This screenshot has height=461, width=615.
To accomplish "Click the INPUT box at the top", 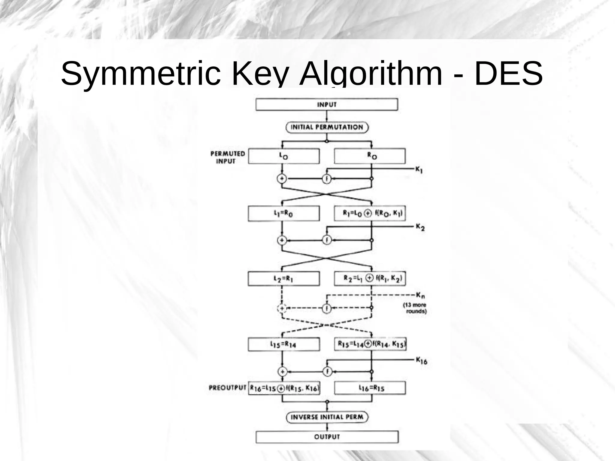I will click(327, 105).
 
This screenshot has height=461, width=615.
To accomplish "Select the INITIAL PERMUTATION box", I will click(327, 127).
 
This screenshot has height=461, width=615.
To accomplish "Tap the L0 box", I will click(284, 156).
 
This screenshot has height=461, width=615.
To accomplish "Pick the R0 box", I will click(370, 156).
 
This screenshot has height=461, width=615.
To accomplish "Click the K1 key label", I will click(419, 170).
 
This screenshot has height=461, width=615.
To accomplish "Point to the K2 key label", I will click(420, 227).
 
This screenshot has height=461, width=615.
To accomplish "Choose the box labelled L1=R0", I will click(284, 214).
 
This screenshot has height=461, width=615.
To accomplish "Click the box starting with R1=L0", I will click(370, 214).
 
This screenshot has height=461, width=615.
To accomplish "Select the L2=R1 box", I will click(284, 279).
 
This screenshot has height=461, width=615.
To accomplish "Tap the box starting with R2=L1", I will click(370, 278).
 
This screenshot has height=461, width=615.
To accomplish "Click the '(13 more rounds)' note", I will click(415, 308).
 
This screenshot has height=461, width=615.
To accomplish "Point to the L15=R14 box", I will click(284, 344).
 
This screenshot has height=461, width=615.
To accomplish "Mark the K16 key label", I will click(421, 360).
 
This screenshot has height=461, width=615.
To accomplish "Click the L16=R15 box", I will click(370, 388).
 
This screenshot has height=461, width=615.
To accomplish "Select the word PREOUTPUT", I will click(228, 388).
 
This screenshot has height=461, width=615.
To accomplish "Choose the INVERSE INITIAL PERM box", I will click(327, 417).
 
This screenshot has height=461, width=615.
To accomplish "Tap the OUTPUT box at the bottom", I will click(327, 437).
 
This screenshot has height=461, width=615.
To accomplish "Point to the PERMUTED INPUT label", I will click(228, 157).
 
